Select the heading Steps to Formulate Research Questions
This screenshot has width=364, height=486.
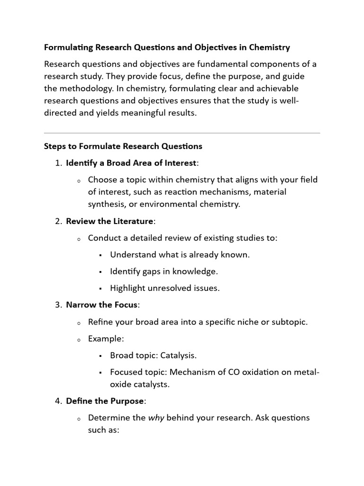(123, 146)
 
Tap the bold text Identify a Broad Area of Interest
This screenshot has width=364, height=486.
(131, 163)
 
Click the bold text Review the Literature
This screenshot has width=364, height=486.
(109, 221)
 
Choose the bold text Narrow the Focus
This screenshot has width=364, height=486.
(101, 305)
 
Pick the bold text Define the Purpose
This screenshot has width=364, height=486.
(105, 401)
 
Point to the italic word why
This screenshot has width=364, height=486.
(156, 418)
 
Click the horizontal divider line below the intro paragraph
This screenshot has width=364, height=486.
(182, 133)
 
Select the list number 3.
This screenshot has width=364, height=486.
(58, 305)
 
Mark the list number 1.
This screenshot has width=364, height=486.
(58, 163)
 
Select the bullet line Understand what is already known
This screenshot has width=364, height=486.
(180, 255)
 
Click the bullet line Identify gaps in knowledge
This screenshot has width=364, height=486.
(164, 271)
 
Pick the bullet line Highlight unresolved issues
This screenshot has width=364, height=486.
(164, 288)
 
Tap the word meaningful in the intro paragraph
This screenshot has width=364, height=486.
(132, 113)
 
